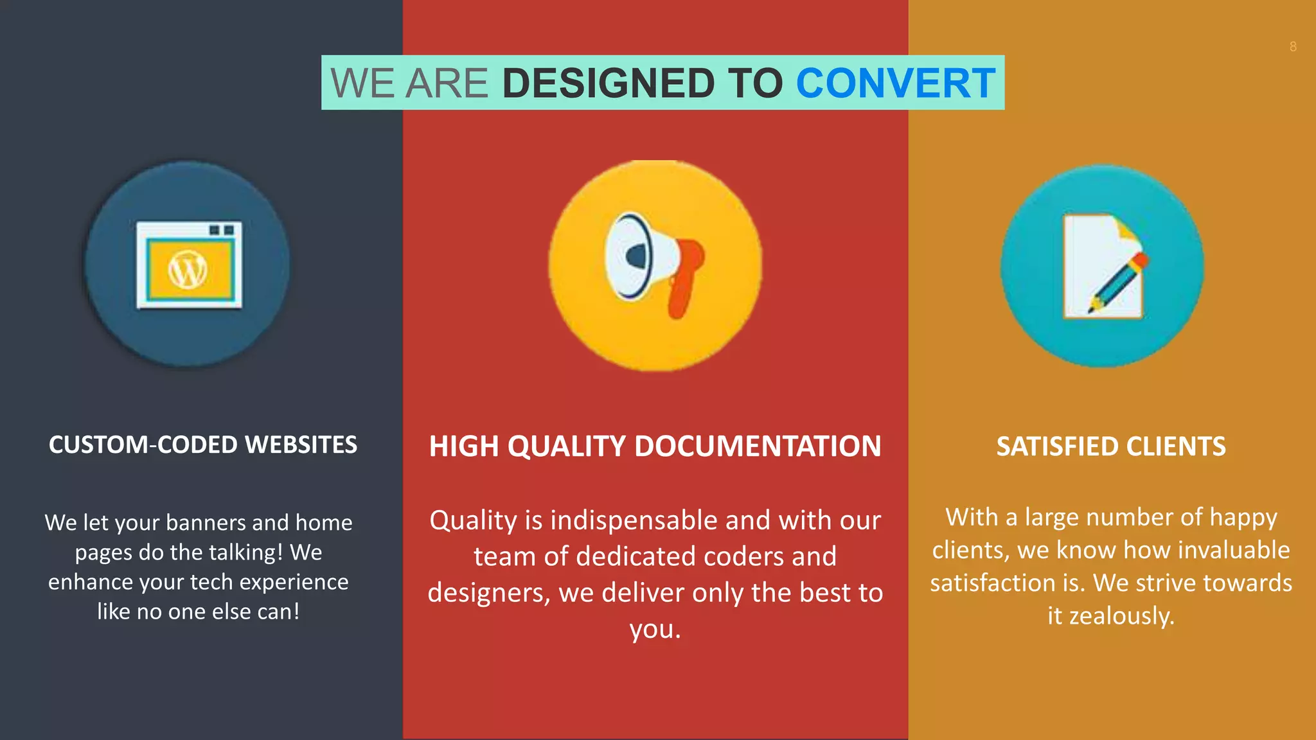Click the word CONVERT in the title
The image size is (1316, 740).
pos(895,84)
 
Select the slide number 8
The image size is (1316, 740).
pos(1293,47)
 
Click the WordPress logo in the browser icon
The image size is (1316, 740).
pos(188,270)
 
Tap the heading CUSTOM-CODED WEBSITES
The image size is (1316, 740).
pos(202,445)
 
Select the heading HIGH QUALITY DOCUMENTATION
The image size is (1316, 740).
pos(655,446)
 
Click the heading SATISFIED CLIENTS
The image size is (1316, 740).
pos(1110,446)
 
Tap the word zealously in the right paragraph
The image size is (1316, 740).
pos(1121,616)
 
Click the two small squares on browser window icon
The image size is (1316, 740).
pos(222,230)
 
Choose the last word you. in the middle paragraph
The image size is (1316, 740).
pos(655,630)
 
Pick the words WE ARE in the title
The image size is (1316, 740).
pos(409,84)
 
